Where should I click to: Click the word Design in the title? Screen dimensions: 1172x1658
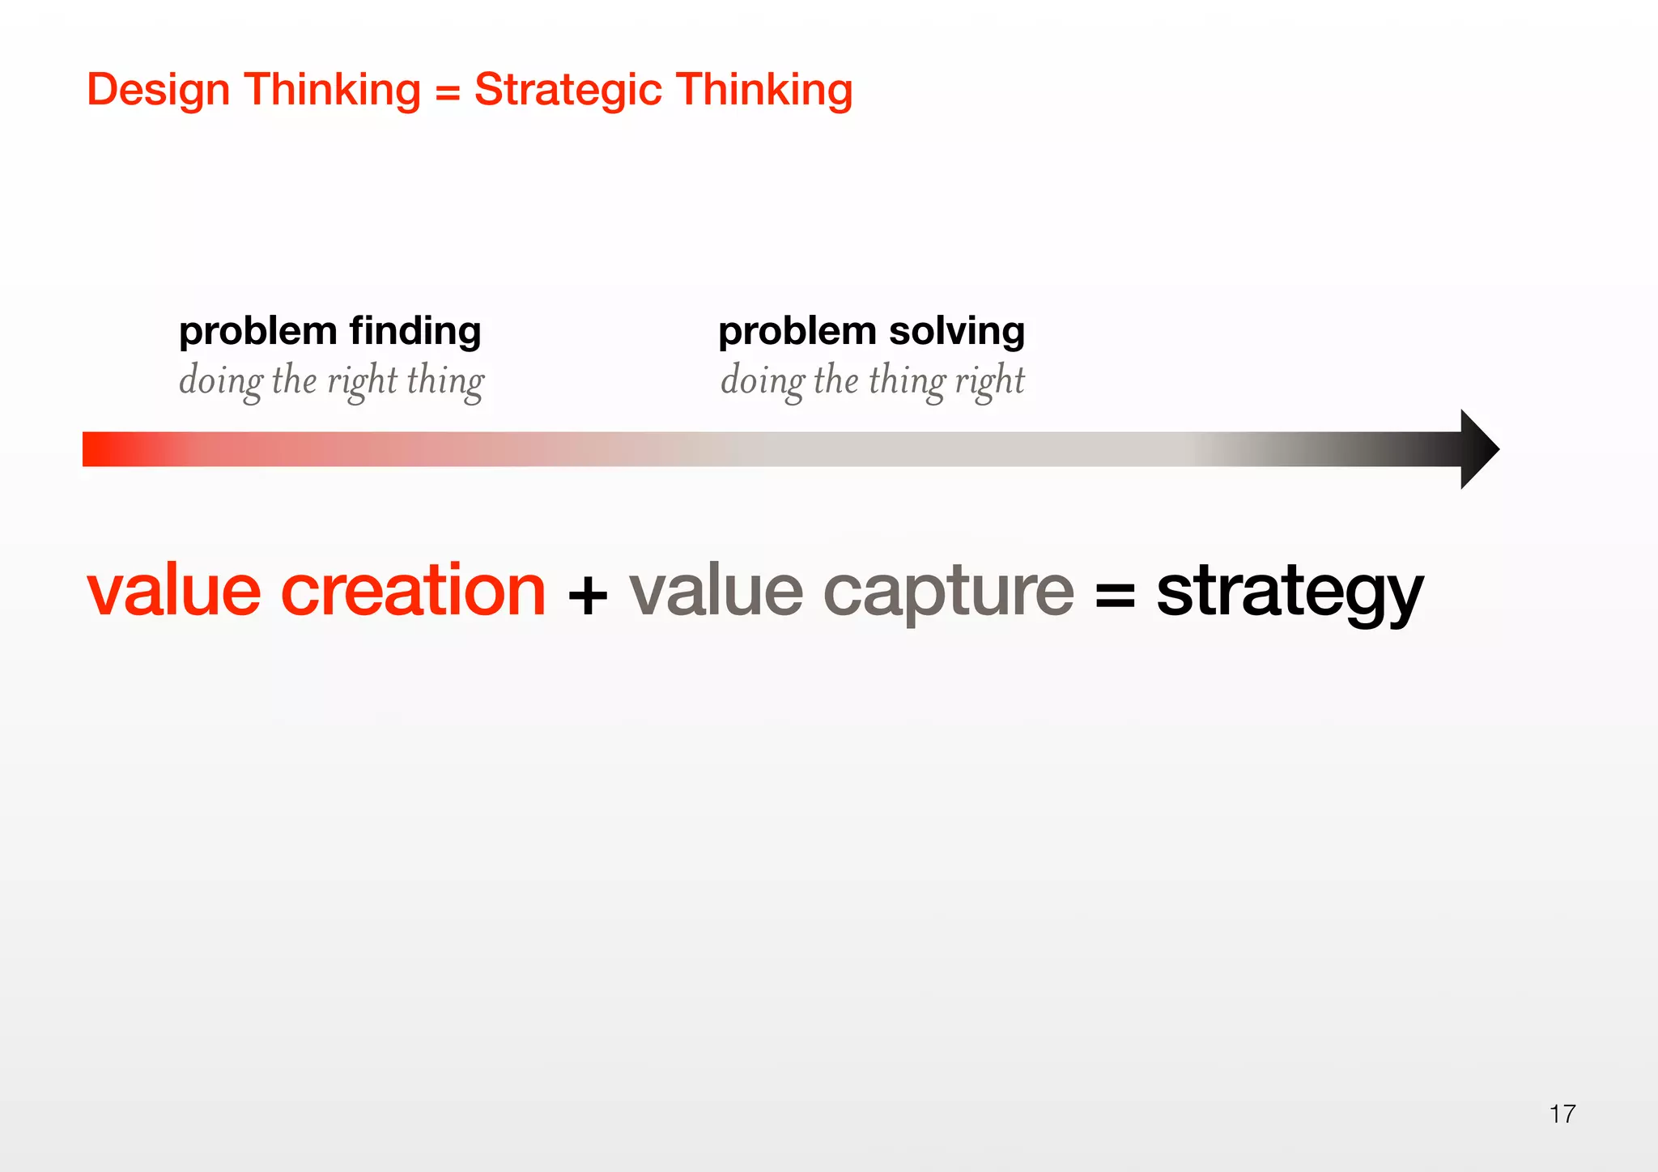[158, 91]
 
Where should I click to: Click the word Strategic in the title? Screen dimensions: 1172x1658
[568, 91]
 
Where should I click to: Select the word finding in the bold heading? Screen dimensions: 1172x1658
[415, 332]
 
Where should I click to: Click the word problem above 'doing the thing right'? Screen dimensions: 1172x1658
[797, 332]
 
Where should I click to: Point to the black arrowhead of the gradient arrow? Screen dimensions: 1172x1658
[1477, 449]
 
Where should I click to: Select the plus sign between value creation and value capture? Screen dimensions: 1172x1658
[588, 597]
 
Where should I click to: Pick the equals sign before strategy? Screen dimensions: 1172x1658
[1115, 597]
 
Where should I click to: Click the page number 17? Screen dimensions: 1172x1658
[1562, 1114]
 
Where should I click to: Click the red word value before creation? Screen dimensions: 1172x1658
[174, 591]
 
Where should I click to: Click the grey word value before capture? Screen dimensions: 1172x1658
[716, 591]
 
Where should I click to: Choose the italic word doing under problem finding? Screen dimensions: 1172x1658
[220, 380]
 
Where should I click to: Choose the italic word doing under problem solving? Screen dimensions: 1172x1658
[762, 380]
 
